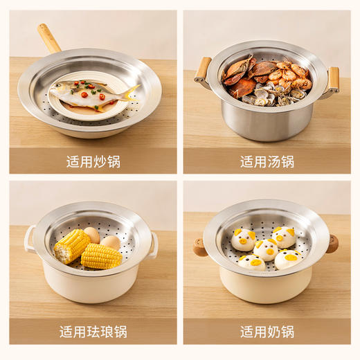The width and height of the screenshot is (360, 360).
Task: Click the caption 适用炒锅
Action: coord(93,161)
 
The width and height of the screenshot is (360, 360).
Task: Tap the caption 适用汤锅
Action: coord(267,161)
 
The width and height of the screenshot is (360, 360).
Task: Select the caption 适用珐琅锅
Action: coord(93,332)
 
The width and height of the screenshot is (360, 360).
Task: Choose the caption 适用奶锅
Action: coord(267,332)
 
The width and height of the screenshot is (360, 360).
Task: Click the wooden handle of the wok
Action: coord(49,39)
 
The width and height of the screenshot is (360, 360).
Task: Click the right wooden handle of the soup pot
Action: coord(334,79)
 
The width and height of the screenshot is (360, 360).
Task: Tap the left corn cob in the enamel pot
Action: coord(71,246)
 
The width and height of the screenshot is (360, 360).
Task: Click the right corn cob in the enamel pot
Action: coord(101,256)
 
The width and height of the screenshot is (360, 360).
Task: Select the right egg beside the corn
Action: coord(111,242)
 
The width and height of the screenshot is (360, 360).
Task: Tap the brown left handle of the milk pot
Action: coord(199,246)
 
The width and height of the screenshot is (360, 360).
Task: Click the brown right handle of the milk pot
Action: coord(333,243)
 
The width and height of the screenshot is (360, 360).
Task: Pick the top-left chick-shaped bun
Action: coord(243,240)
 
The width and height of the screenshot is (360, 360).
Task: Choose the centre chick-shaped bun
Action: coord(264,249)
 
